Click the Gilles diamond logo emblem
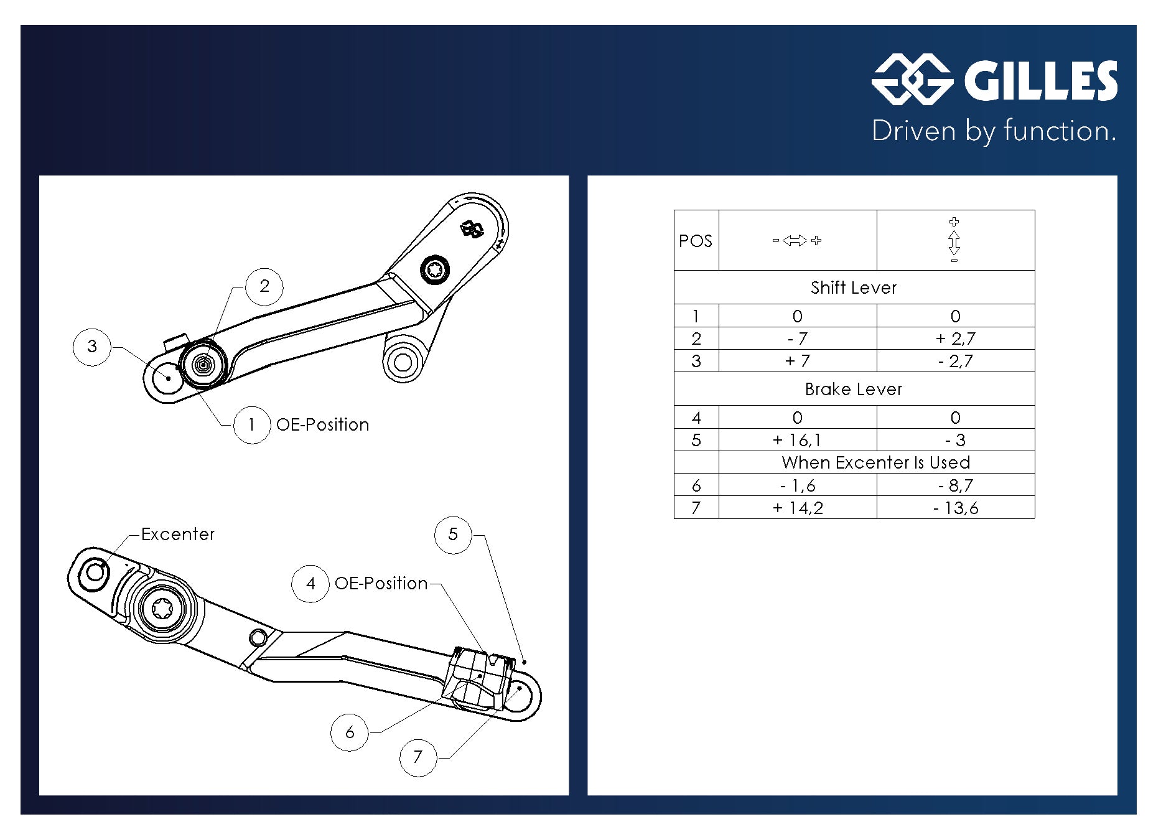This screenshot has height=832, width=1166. click(912, 80)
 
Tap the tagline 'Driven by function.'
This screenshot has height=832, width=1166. click(994, 131)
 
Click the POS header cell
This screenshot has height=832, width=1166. click(696, 241)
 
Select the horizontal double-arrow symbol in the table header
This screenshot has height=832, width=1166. click(797, 240)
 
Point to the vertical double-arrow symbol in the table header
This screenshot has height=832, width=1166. click(954, 241)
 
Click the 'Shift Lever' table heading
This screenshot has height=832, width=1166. click(854, 287)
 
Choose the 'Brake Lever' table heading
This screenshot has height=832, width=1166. click(854, 389)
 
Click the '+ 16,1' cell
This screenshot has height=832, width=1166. click(797, 440)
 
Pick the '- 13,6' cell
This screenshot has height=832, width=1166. click(955, 508)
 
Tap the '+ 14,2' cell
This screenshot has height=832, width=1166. click(797, 508)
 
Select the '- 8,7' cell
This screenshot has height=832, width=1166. click(955, 485)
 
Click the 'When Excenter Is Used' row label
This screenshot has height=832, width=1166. click(875, 462)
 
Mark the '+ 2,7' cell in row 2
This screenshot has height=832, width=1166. click(955, 339)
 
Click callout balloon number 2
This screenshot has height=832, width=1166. click(264, 286)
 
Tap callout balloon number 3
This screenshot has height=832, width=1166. click(92, 347)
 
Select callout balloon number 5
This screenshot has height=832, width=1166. click(453, 535)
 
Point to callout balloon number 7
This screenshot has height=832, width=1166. click(418, 757)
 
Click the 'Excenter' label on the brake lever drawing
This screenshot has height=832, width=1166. click(178, 535)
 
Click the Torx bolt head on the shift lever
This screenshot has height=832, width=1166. click(435, 269)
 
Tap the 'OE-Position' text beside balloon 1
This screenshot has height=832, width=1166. click(322, 424)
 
